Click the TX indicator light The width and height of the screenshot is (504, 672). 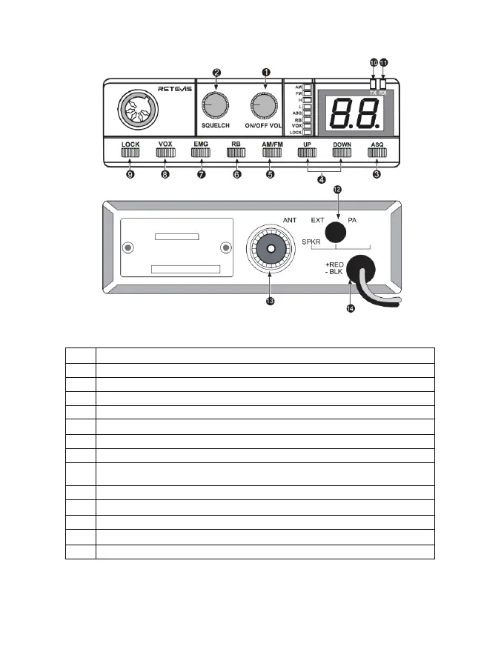(374, 84)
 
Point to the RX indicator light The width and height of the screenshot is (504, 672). (383, 84)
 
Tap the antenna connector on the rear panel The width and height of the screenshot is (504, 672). (271, 249)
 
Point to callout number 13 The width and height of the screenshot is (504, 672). (270, 301)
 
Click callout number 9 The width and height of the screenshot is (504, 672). (130, 175)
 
